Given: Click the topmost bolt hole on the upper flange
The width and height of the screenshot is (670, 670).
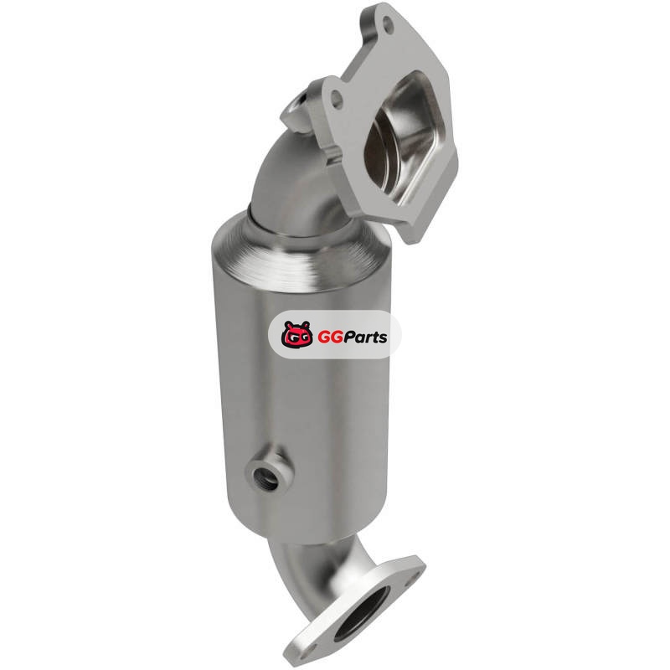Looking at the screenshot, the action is pyautogui.click(x=388, y=22).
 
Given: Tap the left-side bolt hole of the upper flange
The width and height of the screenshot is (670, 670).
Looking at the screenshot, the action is pyautogui.click(x=338, y=98).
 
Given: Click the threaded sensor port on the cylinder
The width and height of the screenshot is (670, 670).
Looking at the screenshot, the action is pyautogui.click(x=263, y=474).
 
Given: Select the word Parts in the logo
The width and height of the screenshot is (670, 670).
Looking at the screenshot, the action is pyautogui.click(x=364, y=337).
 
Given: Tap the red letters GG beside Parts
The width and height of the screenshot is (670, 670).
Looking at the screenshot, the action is pyautogui.click(x=328, y=338).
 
